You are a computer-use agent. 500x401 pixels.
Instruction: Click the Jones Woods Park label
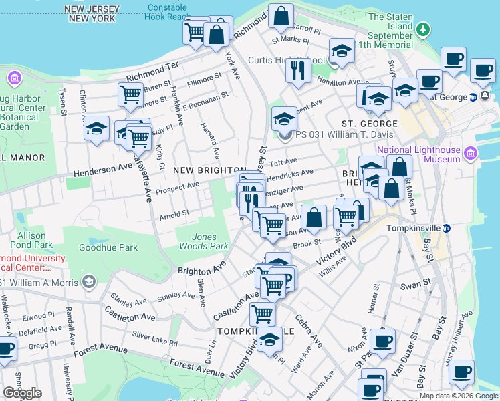(x=204, y=241)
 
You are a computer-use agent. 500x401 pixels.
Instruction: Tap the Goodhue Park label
(x=108, y=247)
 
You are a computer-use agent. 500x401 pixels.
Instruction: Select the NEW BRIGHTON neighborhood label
(x=203, y=171)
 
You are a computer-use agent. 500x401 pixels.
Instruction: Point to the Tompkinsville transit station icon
(x=447, y=228)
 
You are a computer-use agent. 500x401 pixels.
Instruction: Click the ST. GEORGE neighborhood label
(x=370, y=124)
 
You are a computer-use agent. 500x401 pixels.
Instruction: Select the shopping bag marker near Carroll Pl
(x=281, y=16)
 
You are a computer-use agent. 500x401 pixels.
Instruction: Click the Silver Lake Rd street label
(x=154, y=338)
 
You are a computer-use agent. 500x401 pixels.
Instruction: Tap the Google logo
(x=22, y=393)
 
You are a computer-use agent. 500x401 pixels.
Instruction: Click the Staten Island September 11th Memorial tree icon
(x=422, y=29)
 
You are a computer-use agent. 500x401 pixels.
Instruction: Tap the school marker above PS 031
(x=284, y=120)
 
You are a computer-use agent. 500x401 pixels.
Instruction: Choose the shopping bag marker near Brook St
(x=314, y=217)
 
